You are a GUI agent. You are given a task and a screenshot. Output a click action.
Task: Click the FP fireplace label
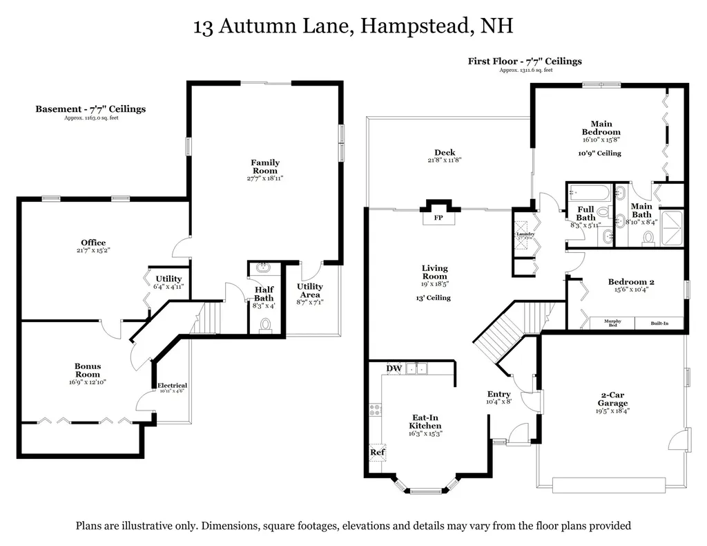click(438, 218)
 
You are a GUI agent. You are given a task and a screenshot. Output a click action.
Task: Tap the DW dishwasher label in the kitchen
click(394, 368)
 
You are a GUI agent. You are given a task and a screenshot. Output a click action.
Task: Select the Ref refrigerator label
click(377, 453)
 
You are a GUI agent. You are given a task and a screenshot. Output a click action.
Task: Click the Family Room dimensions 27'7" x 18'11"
click(265, 178)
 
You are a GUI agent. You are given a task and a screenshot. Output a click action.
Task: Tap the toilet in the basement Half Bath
click(264, 324)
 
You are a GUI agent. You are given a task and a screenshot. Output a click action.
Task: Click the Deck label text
click(445, 153)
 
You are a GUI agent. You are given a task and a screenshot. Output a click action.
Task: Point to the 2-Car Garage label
click(612, 399)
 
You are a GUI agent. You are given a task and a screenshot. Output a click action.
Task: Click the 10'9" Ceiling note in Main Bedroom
click(600, 153)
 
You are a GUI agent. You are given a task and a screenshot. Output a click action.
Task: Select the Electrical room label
click(172, 386)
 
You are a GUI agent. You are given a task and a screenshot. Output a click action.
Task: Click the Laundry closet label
click(525, 234)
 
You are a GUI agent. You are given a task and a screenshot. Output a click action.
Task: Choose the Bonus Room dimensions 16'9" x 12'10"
click(88, 382)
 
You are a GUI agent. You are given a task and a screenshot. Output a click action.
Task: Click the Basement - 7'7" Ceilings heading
click(90, 109)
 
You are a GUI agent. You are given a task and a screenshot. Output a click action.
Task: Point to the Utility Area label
click(310, 290)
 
